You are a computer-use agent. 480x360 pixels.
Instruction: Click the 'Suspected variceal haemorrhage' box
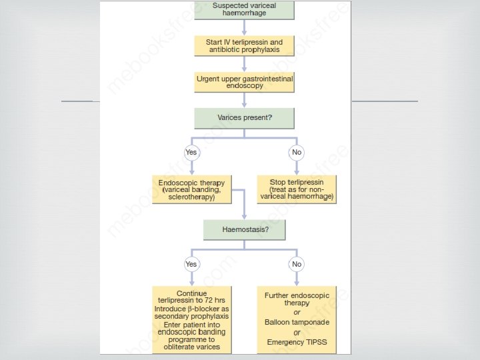[x=245, y=9]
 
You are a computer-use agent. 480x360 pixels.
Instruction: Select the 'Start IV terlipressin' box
[x=245, y=46]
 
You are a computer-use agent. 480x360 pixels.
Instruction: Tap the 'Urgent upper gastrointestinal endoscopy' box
[x=245, y=82]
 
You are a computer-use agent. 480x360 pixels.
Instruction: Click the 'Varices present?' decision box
[x=245, y=118]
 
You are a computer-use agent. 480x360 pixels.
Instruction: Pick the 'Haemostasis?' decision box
[x=245, y=229]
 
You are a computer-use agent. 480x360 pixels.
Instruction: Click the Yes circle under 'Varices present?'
[x=191, y=152]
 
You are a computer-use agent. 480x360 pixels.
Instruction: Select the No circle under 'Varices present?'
[x=297, y=152]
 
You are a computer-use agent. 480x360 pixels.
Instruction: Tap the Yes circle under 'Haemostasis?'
[x=191, y=264]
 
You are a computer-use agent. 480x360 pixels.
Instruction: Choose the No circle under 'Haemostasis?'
[x=297, y=264]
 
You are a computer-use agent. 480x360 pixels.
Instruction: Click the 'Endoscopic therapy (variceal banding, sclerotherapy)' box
[x=191, y=189]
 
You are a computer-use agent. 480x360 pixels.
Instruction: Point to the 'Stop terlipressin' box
[x=297, y=189]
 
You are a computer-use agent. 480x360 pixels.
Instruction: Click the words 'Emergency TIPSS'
[x=297, y=343]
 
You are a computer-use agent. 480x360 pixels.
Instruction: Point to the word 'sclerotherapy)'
[x=191, y=198]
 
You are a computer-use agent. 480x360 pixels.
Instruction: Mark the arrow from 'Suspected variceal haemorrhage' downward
[x=245, y=27]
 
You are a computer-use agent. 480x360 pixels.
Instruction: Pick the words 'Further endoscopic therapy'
[x=297, y=298]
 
